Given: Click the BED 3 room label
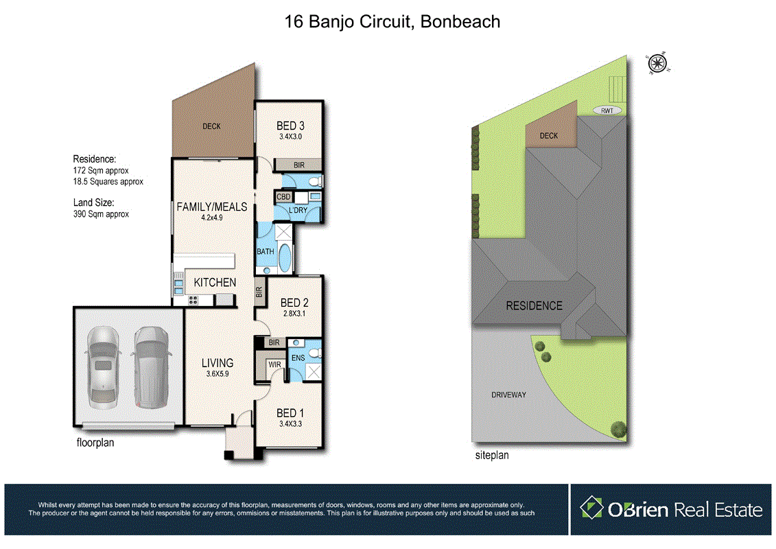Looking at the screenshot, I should pos(290,126).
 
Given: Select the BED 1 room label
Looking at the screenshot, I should pos(290,412).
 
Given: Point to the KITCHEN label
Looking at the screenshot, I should pos(215,282).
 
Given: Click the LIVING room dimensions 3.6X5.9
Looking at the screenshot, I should pos(217,375).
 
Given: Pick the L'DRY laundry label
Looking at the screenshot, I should pos(298,209).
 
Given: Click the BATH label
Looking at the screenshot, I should pos(266,251).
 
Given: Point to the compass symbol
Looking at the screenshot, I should pos(657,63).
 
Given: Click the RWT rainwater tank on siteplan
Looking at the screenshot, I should pos(607,110).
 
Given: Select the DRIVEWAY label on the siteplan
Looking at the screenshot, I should pos(508,395).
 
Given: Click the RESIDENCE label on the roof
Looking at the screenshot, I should pos(534,306).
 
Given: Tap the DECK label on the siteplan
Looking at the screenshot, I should pos(549,136).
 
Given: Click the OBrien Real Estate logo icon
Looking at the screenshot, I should pos(591,509).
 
